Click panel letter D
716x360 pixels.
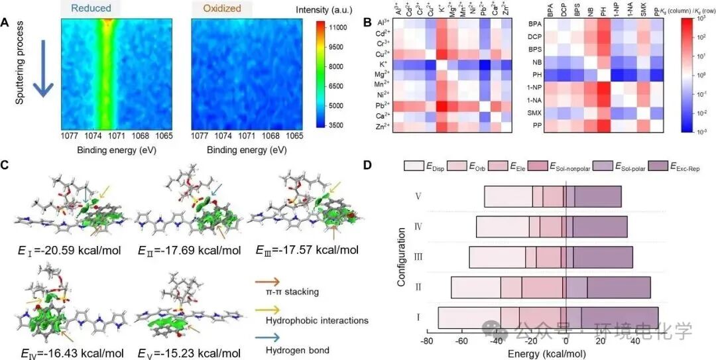pyautogui.click(x=368, y=163)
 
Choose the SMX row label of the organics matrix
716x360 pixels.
pyautogui.click(x=534, y=113)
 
